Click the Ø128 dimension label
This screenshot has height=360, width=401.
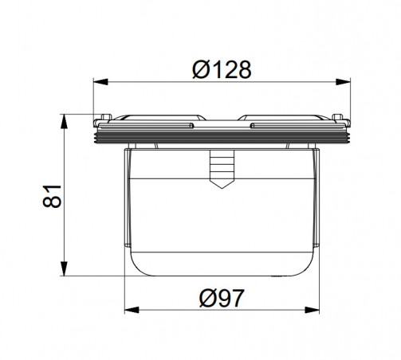(222, 69)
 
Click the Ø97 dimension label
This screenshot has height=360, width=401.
(222, 298)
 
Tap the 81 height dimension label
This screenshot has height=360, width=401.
(52, 196)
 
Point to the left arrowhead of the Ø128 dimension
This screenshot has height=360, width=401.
(100, 82)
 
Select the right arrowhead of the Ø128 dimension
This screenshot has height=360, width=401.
(343, 82)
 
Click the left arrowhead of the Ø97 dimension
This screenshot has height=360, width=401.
(132, 310)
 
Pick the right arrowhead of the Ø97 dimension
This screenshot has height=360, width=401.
(312, 310)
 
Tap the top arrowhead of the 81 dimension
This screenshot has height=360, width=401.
(64, 122)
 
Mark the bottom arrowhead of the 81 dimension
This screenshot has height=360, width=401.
(64, 268)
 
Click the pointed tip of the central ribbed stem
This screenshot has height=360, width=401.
(222, 188)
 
